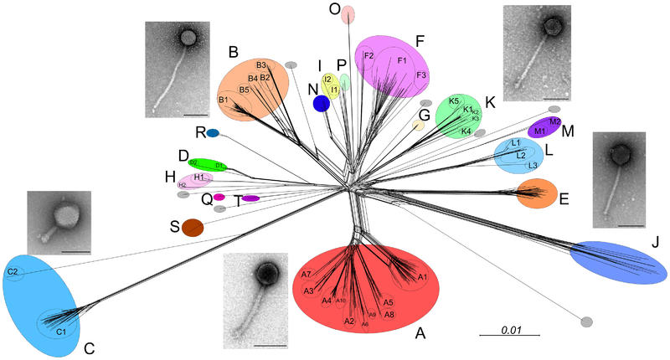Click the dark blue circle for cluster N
pos(320,103)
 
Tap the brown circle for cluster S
pos(193,227)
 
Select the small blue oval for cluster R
pos(213,133)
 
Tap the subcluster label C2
pos(13,271)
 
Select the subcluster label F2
pos(368,56)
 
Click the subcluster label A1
pos(422,277)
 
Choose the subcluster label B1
pos(224,100)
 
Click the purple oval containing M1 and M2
pos(543,127)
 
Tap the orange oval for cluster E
pos(535,194)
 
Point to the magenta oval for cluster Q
pos(219,197)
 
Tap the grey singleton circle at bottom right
pos(586,321)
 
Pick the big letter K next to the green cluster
pos(491,102)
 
